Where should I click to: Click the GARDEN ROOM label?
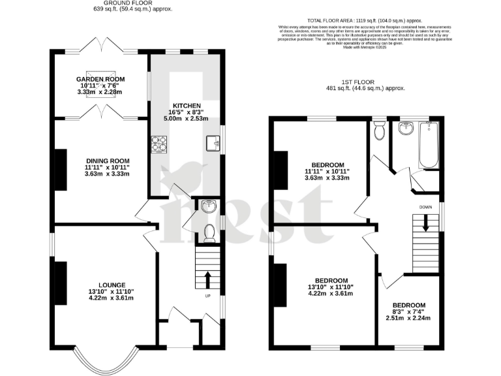coord(101,79)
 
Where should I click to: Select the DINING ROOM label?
coord(108,161)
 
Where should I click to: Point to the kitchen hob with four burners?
coord(159,142)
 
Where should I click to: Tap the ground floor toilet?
coord(209,233)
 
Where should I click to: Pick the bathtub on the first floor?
coord(430,144)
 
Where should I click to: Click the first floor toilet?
coord(379,131)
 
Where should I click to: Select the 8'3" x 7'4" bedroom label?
coord(408,305)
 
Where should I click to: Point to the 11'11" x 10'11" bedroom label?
coord(327,164)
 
